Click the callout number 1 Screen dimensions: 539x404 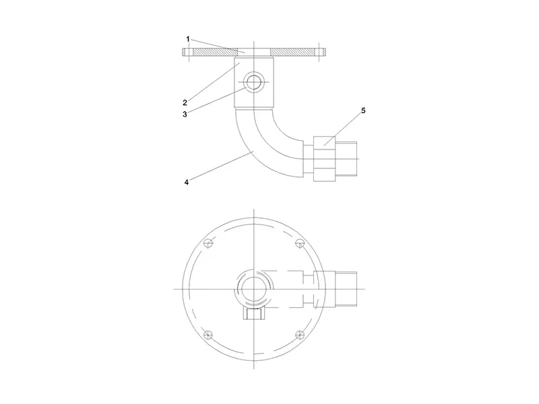(x=188, y=39)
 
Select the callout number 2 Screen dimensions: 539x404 (x=185, y=102)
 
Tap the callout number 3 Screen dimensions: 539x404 (x=185, y=114)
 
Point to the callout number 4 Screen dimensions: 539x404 (x=187, y=182)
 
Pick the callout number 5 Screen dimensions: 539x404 (x=363, y=110)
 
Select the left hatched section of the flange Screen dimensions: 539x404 (x=215, y=53)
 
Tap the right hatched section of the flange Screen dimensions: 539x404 (x=292, y=53)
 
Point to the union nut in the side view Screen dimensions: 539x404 (x=325, y=159)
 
